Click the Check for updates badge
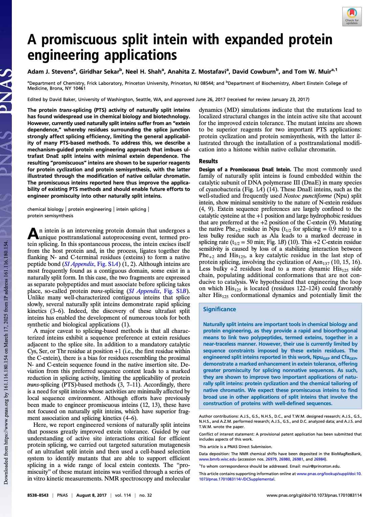(x=352, y=17)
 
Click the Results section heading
(x=208, y=161)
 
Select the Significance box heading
(x=219, y=309)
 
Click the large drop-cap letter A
(x=33, y=233)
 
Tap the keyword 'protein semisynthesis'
(x=50, y=216)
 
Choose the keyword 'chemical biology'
(x=45, y=209)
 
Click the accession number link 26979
(x=271, y=459)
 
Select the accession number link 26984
(x=320, y=459)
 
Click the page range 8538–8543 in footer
(x=38, y=495)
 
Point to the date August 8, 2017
(x=91, y=495)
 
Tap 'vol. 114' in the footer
(x=123, y=495)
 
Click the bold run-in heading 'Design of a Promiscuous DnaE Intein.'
(x=245, y=169)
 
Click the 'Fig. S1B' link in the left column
(x=175, y=291)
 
